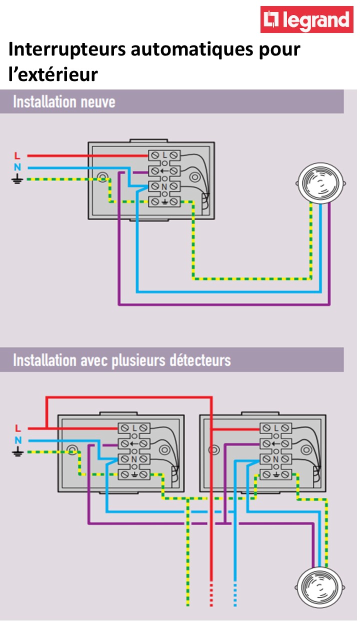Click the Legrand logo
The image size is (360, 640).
(x=306, y=19)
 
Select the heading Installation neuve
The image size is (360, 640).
(x=64, y=101)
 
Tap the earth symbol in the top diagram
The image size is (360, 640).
(x=17, y=178)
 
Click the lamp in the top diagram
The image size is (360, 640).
(x=319, y=182)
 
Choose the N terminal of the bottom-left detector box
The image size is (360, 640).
(x=134, y=458)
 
